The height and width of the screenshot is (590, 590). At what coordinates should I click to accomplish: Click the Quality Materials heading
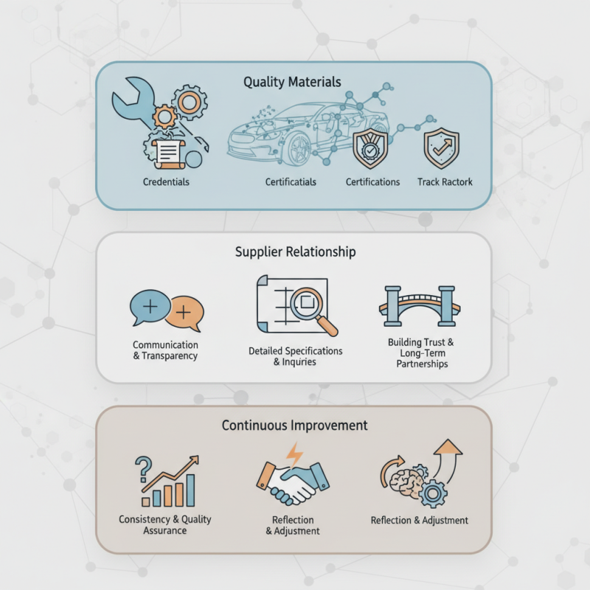[292, 82]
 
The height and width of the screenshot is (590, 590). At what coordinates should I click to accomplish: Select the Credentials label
[166, 181]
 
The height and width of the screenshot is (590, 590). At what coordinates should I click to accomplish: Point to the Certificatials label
[291, 181]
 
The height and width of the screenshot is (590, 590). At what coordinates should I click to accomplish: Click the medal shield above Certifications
[370, 148]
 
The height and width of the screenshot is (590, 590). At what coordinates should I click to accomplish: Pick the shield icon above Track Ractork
[441, 148]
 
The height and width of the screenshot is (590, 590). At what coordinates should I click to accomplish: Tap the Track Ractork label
[445, 181]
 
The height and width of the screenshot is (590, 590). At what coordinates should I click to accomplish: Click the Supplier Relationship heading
[296, 251]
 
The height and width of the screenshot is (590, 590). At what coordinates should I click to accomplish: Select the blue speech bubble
[150, 307]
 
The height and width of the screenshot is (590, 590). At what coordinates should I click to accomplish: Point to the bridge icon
[420, 306]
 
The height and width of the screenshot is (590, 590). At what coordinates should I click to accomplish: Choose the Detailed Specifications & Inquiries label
[296, 356]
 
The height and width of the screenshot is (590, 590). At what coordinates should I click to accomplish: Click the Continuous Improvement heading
[294, 426]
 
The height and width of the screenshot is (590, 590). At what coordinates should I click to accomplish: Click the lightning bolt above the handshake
[294, 455]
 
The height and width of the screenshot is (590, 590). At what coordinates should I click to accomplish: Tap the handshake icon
[293, 483]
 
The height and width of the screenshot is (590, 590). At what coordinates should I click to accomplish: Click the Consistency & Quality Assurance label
[164, 524]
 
